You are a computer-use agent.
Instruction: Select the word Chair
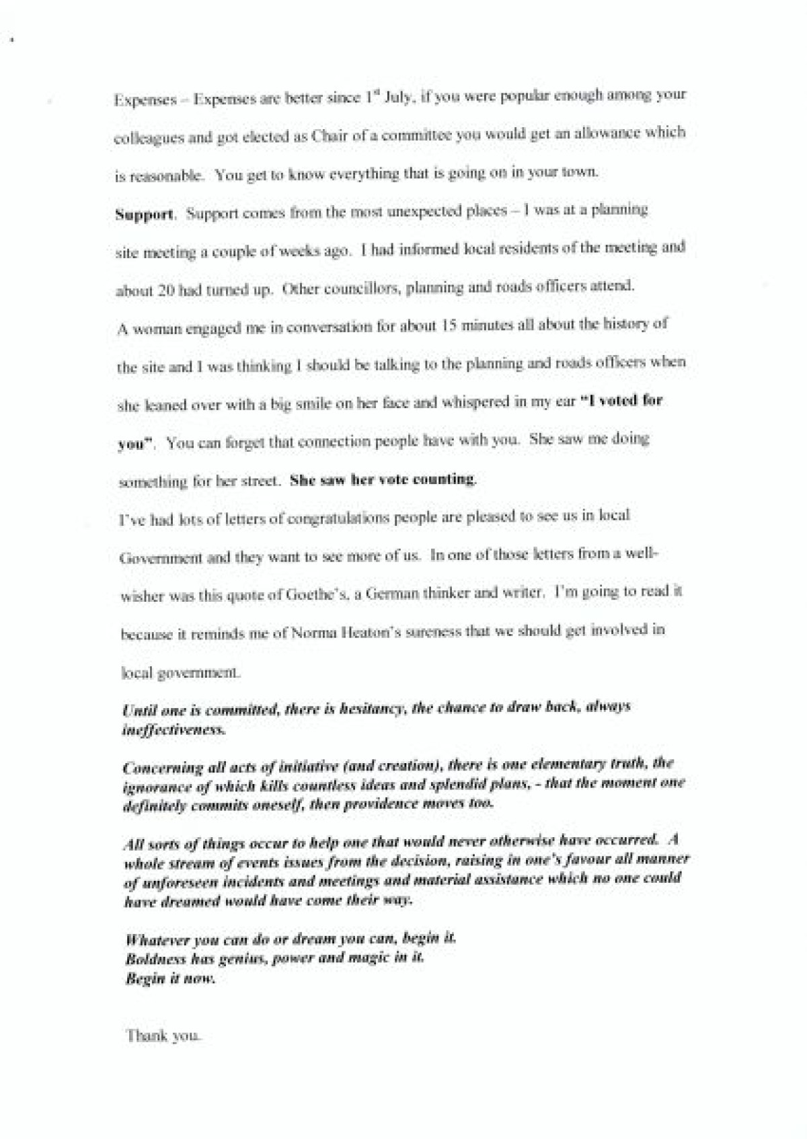coord(348,134)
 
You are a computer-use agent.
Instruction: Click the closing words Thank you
coord(163,1036)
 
